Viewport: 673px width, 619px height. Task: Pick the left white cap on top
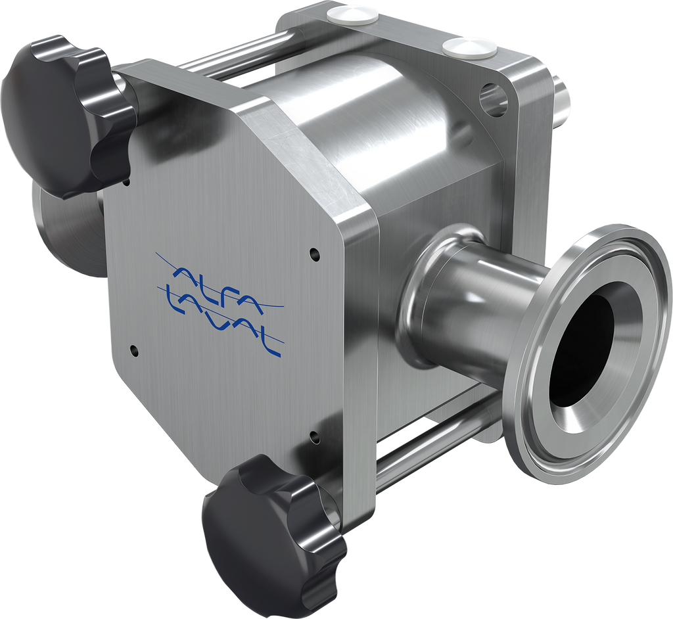(x=352, y=16)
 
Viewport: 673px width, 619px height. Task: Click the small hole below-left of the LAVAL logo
(x=134, y=350)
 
